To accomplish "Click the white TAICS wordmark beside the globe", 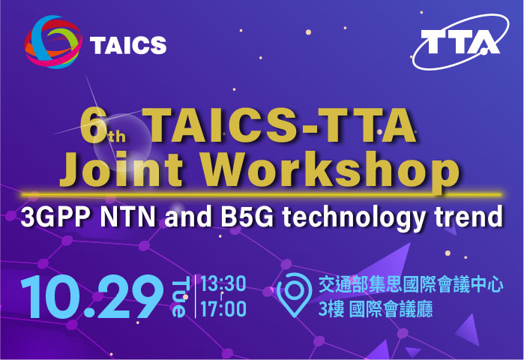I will (127, 45).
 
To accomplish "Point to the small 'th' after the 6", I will (118, 136).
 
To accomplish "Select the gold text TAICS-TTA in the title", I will (282, 127).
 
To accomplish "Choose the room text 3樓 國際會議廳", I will (376, 309).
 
